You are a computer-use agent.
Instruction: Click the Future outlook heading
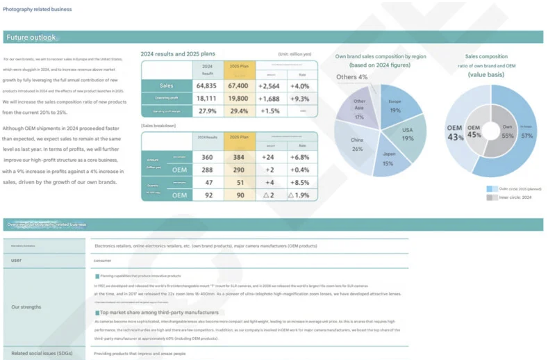click(x=31, y=38)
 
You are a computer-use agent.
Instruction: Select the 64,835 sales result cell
click(x=207, y=85)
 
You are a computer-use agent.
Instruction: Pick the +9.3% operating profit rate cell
click(x=301, y=99)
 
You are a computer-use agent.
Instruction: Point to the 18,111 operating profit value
click(x=207, y=99)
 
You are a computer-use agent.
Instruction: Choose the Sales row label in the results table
click(x=166, y=85)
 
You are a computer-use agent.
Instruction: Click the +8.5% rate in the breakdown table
click(x=301, y=183)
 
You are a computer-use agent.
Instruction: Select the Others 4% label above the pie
click(x=352, y=76)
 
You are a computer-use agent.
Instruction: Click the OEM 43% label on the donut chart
click(x=455, y=131)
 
